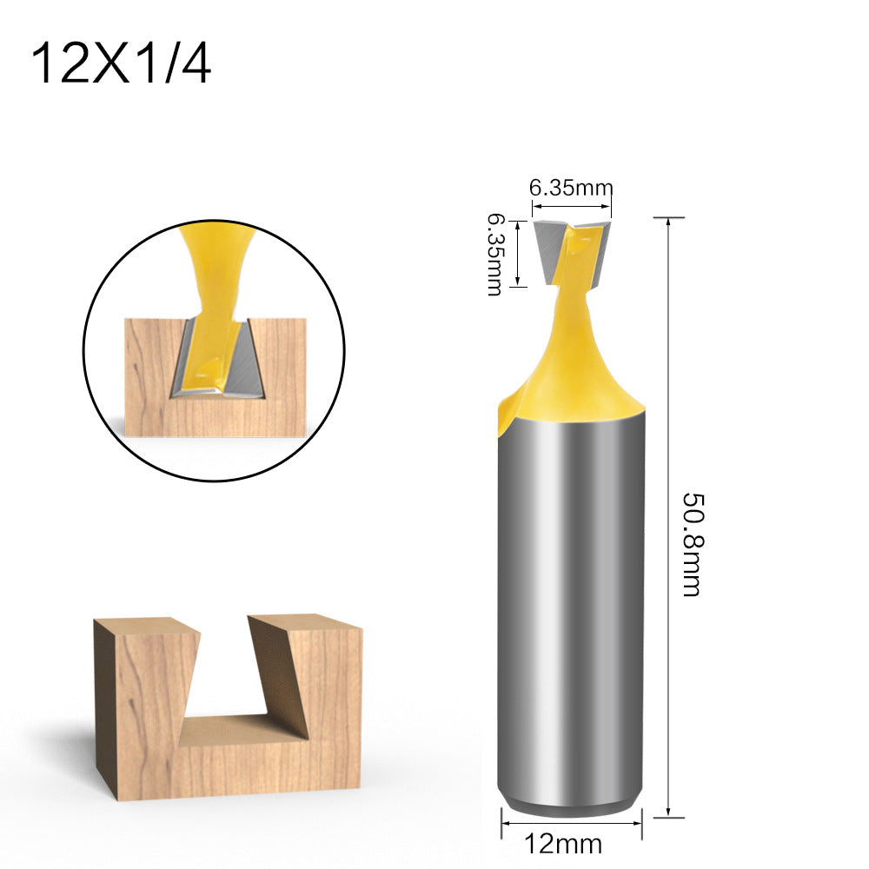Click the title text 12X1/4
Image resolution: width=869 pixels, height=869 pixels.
point(121,63)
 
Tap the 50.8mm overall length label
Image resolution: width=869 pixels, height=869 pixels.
point(693,544)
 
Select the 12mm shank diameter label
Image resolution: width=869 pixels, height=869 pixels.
point(563,844)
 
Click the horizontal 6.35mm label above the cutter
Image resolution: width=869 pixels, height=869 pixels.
point(571,188)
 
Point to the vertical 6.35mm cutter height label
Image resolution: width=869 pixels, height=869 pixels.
point(495,255)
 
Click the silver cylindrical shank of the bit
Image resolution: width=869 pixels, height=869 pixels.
point(571,610)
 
